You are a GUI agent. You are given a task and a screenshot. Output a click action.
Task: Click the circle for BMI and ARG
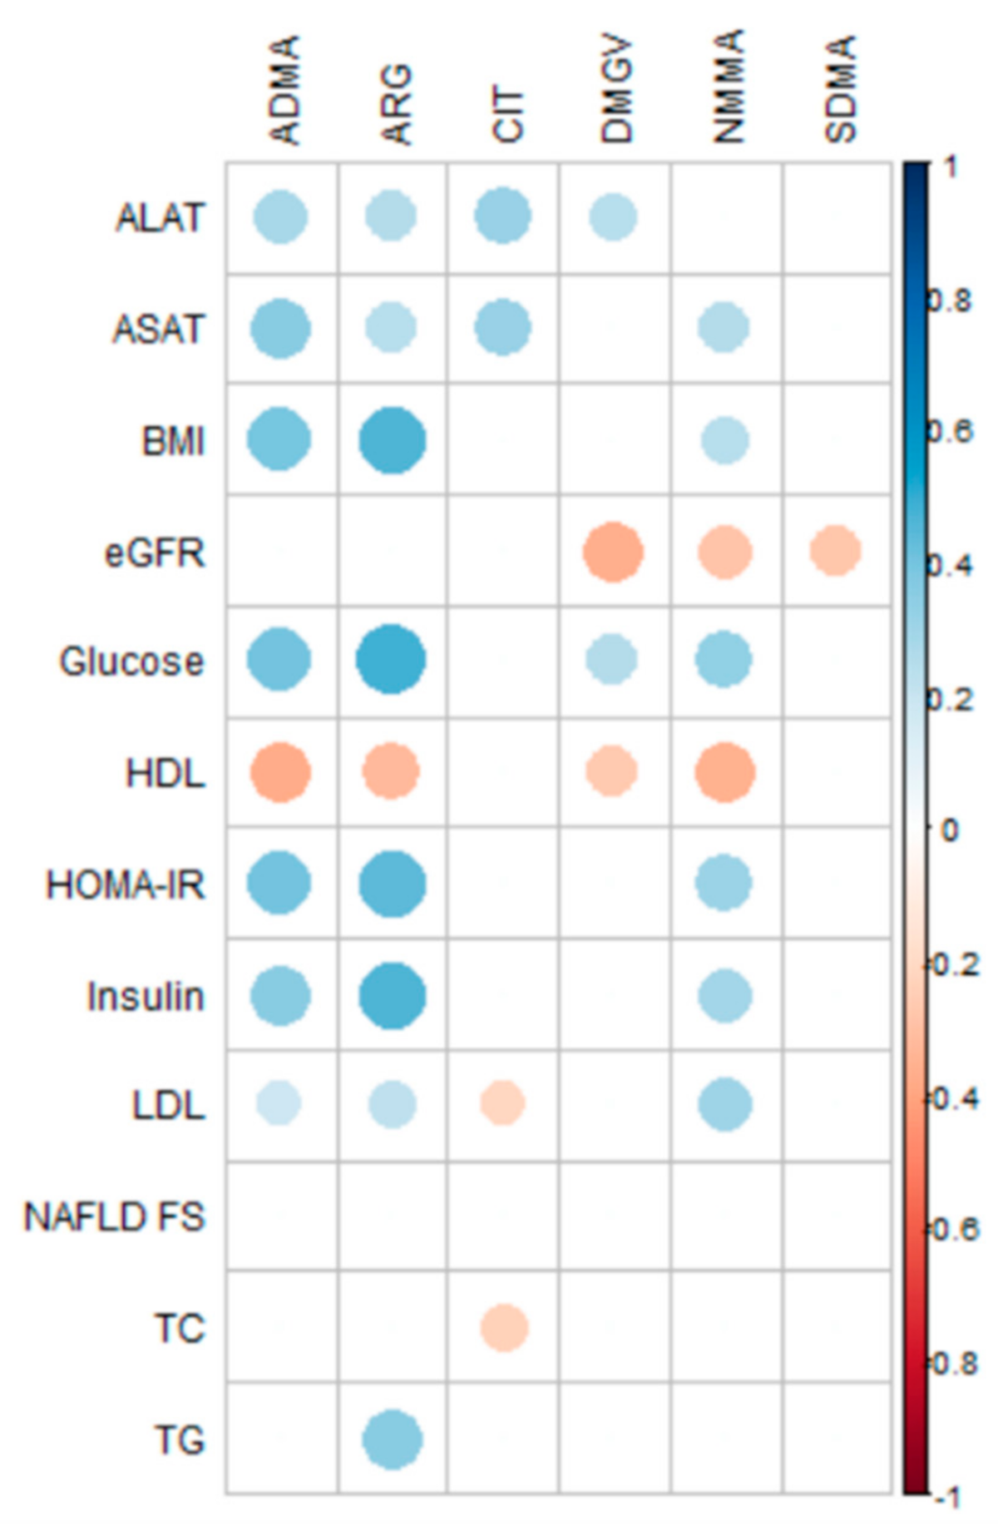[393, 440]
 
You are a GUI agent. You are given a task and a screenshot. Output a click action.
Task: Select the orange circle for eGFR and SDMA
[835, 551]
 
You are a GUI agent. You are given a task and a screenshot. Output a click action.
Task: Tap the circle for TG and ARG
[393, 1439]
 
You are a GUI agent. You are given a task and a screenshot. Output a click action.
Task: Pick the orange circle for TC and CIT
[504, 1327]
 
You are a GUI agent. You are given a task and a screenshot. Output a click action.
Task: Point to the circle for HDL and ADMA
[280, 773]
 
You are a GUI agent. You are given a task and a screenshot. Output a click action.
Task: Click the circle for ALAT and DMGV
[613, 217]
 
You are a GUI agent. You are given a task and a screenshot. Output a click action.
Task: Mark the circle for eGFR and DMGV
[613, 552]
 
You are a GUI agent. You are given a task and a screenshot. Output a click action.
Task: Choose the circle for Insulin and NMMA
[724, 995]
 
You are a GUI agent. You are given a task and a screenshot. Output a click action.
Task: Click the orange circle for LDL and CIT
[502, 1103]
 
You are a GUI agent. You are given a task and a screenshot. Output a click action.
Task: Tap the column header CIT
[507, 115]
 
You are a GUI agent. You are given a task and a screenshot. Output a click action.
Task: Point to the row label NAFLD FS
[114, 1217]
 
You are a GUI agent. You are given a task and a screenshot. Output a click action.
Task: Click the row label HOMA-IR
[125, 884]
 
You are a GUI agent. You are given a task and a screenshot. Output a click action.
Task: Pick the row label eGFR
[155, 552]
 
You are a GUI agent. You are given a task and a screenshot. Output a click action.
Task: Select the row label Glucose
[131, 662]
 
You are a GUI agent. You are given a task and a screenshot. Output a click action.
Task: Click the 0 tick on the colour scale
[947, 830]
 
